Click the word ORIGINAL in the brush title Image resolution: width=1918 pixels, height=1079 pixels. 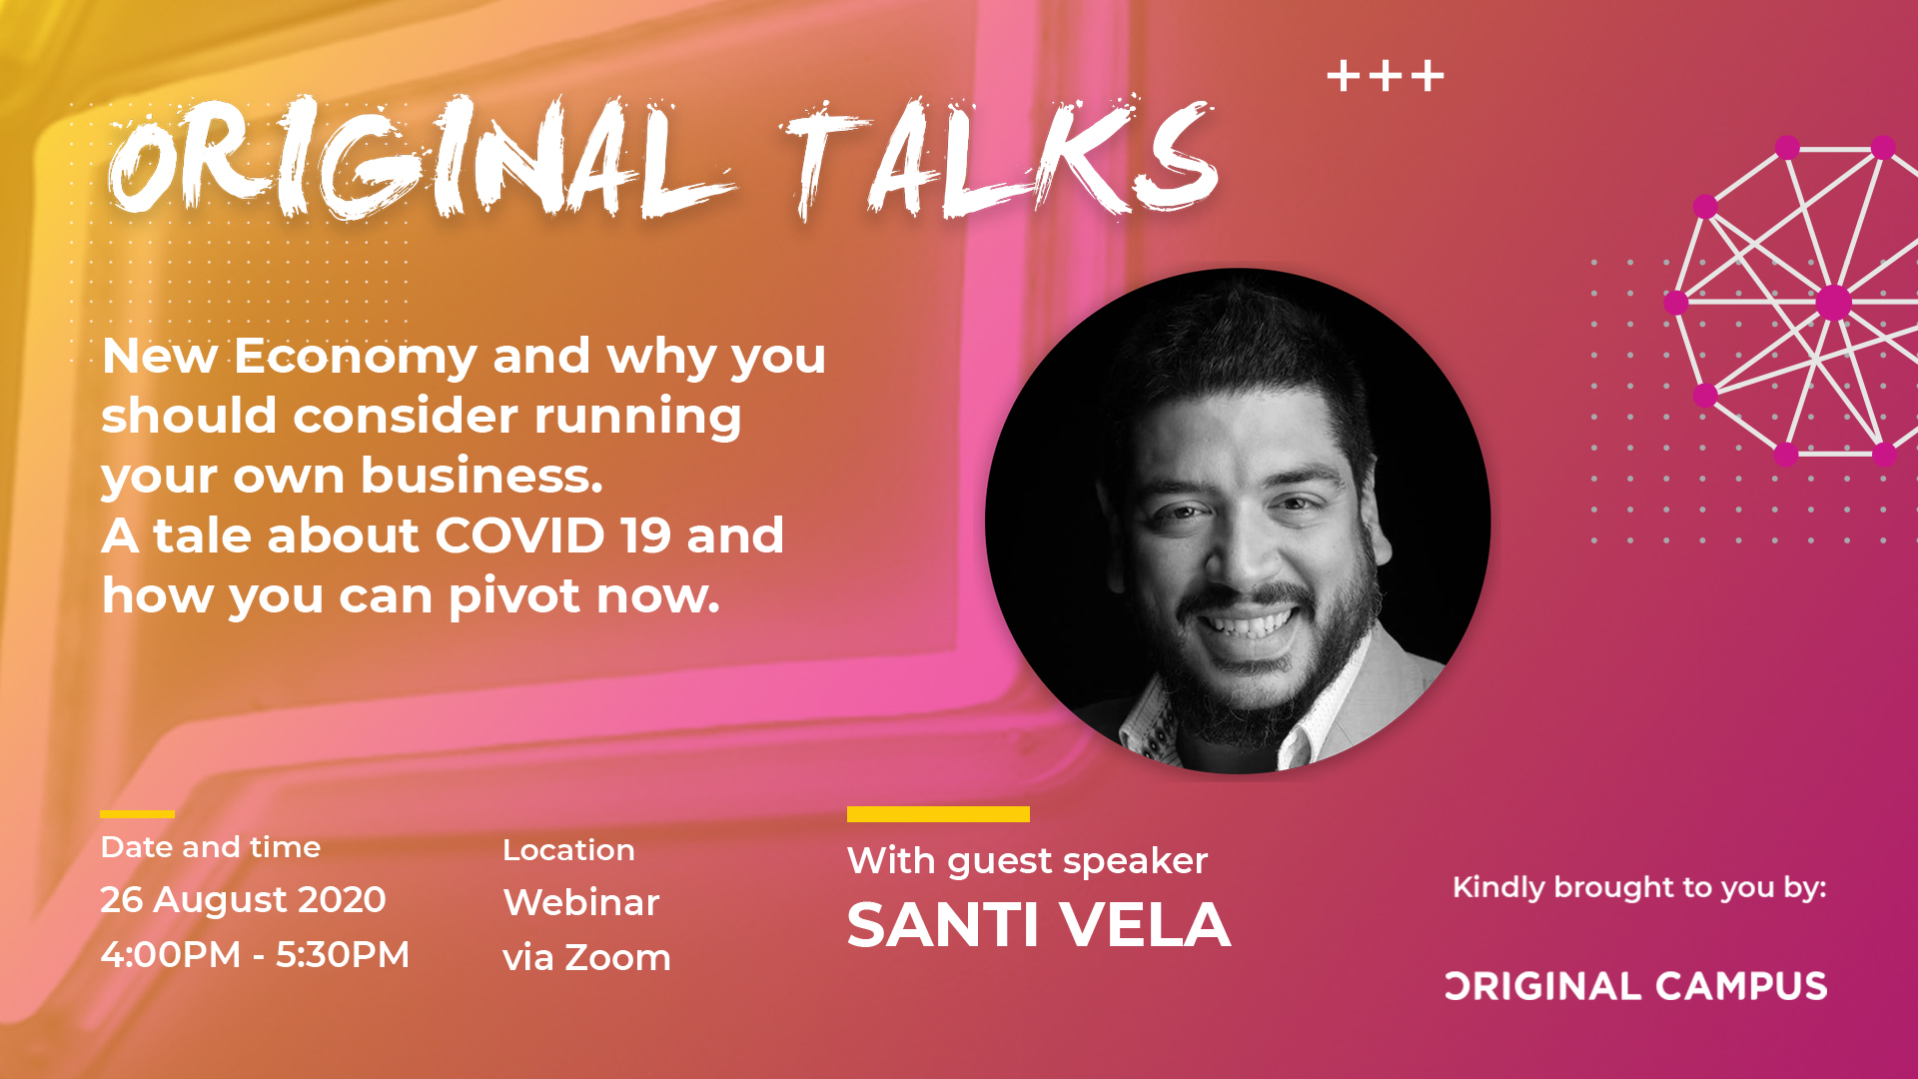point(420,160)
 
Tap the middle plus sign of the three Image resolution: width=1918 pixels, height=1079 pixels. point(1386,76)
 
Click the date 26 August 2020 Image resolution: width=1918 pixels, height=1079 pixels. point(243,899)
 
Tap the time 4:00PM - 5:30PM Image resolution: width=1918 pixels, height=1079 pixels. point(255,954)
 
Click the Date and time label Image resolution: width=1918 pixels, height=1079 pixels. point(211,847)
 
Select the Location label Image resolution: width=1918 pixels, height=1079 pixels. point(568,850)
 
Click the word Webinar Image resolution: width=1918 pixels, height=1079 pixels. point(581,902)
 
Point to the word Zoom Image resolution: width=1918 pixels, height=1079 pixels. point(618,957)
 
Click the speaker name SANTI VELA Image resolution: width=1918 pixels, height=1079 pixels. point(1039,925)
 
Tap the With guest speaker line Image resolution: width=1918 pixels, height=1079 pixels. point(1027,861)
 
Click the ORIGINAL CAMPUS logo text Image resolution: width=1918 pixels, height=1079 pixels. point(1636,987)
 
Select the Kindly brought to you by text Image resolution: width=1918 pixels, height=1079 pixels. point(1639,888)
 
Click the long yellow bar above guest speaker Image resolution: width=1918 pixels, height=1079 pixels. point(938,814)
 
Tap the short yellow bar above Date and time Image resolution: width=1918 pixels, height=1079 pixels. point(138,814)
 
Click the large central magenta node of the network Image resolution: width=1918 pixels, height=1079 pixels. point(1833,302)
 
